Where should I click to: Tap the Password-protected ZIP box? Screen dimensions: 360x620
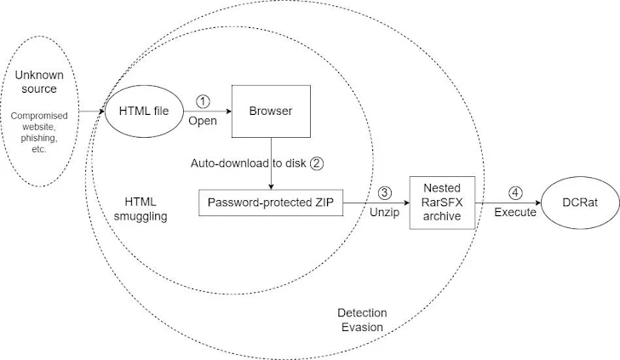click(x=270, y=203)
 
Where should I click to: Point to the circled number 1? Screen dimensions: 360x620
click(x=202, y=101)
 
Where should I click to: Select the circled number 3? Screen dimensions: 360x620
click(x=386, y=194)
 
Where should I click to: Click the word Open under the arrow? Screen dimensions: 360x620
click(x=203, y=120)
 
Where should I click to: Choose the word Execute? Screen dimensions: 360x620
click(x=515, y=213)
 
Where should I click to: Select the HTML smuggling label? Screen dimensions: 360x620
click(x=141, y=209)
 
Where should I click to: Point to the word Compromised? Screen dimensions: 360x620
click(x=38, y=115)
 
